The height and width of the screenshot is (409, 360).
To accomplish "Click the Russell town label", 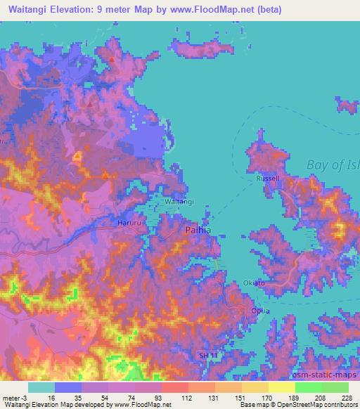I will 268,178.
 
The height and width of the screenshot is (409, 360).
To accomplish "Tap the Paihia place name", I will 200,230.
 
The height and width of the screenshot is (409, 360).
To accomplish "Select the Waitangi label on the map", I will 179,202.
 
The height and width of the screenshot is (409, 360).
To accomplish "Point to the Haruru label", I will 128,223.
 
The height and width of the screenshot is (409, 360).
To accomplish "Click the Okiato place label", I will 254,283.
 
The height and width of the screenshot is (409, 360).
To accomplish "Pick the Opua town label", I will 261,309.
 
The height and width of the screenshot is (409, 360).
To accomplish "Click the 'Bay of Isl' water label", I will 333,166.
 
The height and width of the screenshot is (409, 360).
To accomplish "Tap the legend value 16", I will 52,397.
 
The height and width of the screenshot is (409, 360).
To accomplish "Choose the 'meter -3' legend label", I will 15,397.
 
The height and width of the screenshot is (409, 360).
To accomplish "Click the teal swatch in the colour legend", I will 41,387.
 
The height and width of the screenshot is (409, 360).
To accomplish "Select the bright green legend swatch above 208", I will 308,387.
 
